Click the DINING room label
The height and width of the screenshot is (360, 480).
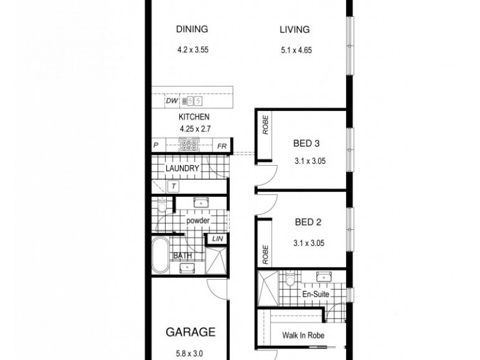191,29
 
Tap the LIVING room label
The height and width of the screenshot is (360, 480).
294,29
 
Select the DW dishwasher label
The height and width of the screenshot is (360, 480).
171,102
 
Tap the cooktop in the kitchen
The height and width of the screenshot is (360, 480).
190,144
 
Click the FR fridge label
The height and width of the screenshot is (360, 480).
221,145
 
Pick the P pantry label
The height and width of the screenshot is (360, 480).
155,145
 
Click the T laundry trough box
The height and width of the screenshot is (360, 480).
173,186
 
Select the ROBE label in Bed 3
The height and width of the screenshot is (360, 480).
265,127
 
